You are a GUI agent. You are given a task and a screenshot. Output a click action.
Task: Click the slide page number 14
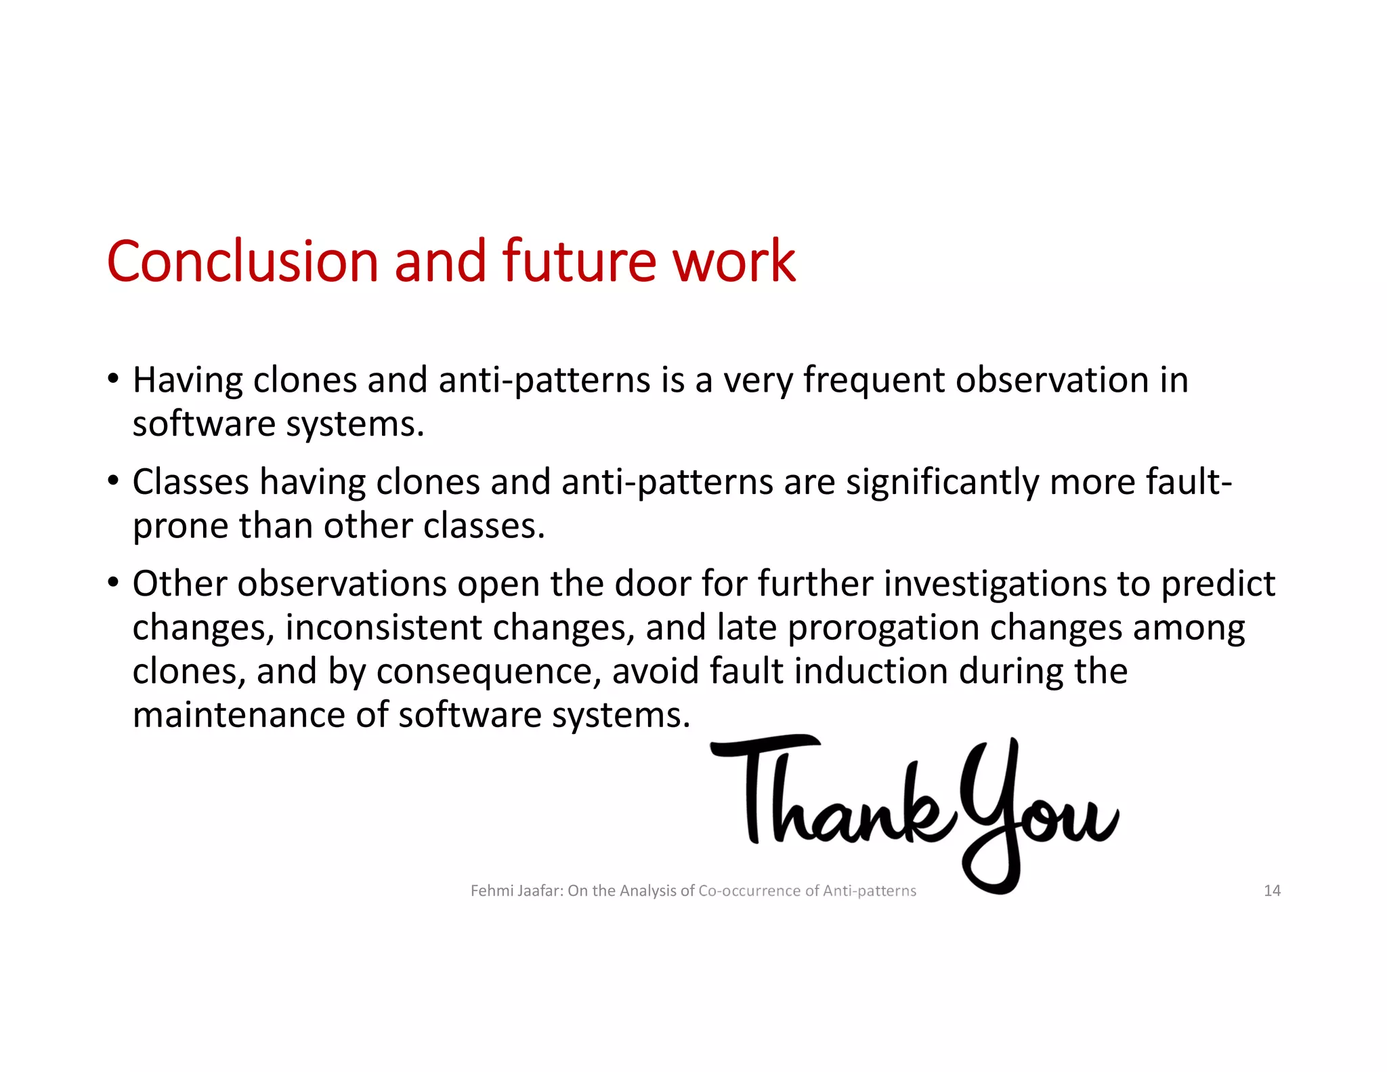click(1272, 890)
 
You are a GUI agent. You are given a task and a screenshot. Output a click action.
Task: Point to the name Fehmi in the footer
click(492, 890)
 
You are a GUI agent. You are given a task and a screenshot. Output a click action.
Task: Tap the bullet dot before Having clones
click(113, 377)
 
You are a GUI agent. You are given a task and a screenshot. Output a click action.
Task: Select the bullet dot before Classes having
click(113, 480)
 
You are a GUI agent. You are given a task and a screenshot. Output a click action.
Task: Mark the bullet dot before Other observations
click(113, 581)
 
